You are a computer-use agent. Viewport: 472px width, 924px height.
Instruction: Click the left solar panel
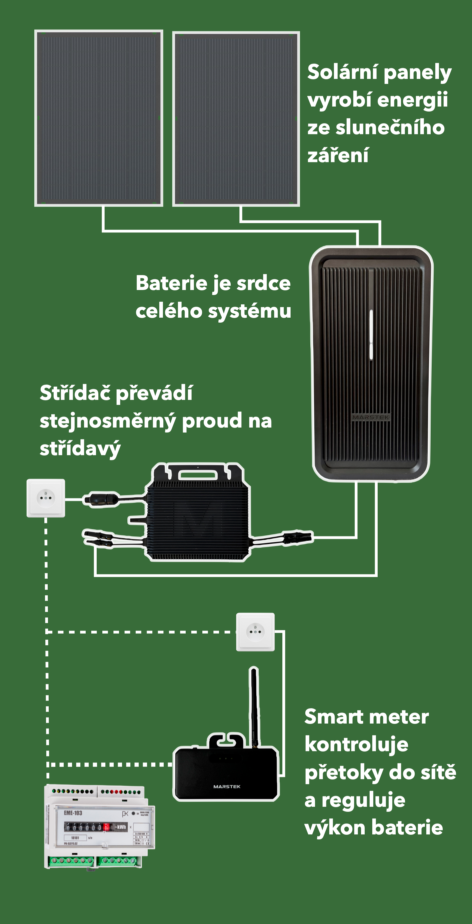click(x=99, y=118)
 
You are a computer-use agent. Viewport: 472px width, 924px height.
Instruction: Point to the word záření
click(x=338, y=155)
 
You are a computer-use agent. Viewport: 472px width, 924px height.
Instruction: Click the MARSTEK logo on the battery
click(x=371, y=417)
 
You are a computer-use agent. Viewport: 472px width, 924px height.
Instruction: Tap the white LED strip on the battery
click(x=371, y=334)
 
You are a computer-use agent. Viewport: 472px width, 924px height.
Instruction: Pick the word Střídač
click(x=75, y=393)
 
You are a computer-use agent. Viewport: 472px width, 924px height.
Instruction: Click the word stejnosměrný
click(x=108, y=421)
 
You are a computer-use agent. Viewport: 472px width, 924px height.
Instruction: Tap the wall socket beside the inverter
click(x=46, y=497)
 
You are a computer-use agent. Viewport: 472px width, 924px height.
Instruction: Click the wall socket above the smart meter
click(x=255, y=632)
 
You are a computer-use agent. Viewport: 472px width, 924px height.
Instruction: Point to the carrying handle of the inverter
click(x=198, y=474)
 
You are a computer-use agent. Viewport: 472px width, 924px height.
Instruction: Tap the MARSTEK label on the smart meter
click(x=227, y=786)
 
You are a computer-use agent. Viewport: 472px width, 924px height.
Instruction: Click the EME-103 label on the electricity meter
click(x=73, y=813)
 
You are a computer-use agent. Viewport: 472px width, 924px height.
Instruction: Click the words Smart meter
click(x=366, y=717)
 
